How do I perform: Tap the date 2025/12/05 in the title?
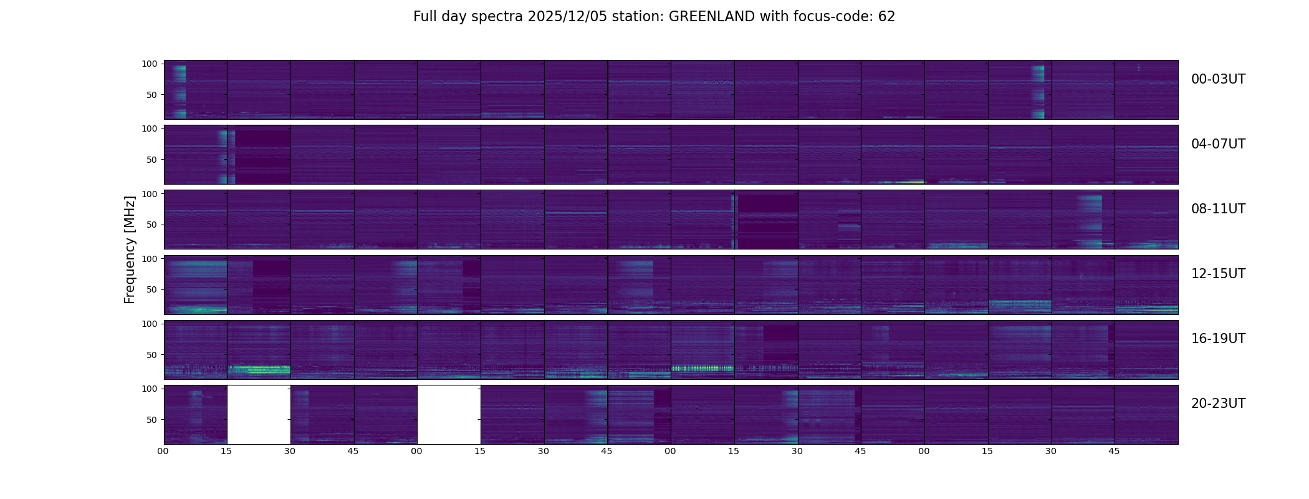click(567, 17)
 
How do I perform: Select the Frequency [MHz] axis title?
click(130, 249)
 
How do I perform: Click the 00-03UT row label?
click(1218, 79)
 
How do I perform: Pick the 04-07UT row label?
click(1218, 144)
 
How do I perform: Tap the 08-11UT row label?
click(1218, 209)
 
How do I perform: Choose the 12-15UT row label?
click(1218, 274)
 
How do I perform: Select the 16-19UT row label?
click(1218, 339)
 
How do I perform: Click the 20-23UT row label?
click(1218, 404)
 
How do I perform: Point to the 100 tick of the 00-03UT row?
click(150, 64)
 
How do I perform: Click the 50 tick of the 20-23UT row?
click(152, 420)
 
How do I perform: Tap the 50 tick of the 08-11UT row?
click(152, 225)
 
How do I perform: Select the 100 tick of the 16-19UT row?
click(150, 324)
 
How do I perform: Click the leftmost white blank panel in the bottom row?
click(259, 415)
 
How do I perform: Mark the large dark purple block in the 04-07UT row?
click(263, 155)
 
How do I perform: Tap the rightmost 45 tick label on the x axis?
click(1114, 451)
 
